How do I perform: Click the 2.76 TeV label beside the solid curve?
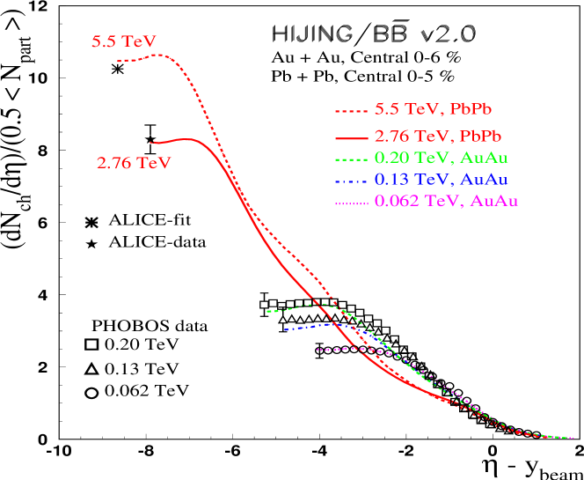pos(134,163)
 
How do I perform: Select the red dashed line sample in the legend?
pos(350,111)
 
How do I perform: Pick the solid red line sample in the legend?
pos(350,137)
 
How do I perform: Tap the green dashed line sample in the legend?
pos(350,159)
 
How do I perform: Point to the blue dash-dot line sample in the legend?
pos(350,181)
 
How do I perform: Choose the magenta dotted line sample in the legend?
pos(350,203)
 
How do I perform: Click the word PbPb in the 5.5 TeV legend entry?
pos(471,110)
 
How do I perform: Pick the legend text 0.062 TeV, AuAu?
pos(446,202)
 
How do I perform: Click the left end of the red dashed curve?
pos(118,61)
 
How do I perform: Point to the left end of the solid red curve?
pos(150,142)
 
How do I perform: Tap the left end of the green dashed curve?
pos(267,311)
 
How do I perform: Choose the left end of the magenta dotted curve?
pos(318,350)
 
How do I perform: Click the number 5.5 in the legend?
pos(386,110)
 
